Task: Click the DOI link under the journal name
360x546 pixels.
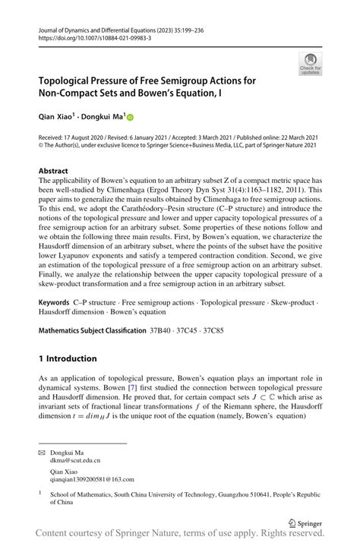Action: [89, 36]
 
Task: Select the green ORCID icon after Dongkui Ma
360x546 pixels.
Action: [130, 118]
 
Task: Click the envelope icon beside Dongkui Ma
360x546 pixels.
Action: [43, 452]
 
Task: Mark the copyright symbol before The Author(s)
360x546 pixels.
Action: [42, 147]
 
